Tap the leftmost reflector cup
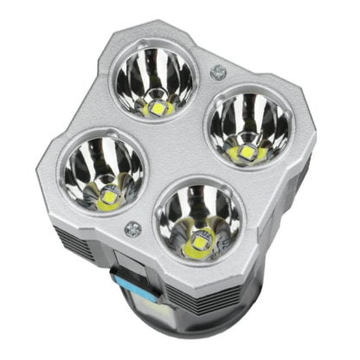click(102, 171)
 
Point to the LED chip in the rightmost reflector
click(246, 153)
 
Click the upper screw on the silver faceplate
click(216, 73)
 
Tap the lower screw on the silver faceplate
click(132, 229)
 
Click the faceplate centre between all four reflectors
click(177, 151)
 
